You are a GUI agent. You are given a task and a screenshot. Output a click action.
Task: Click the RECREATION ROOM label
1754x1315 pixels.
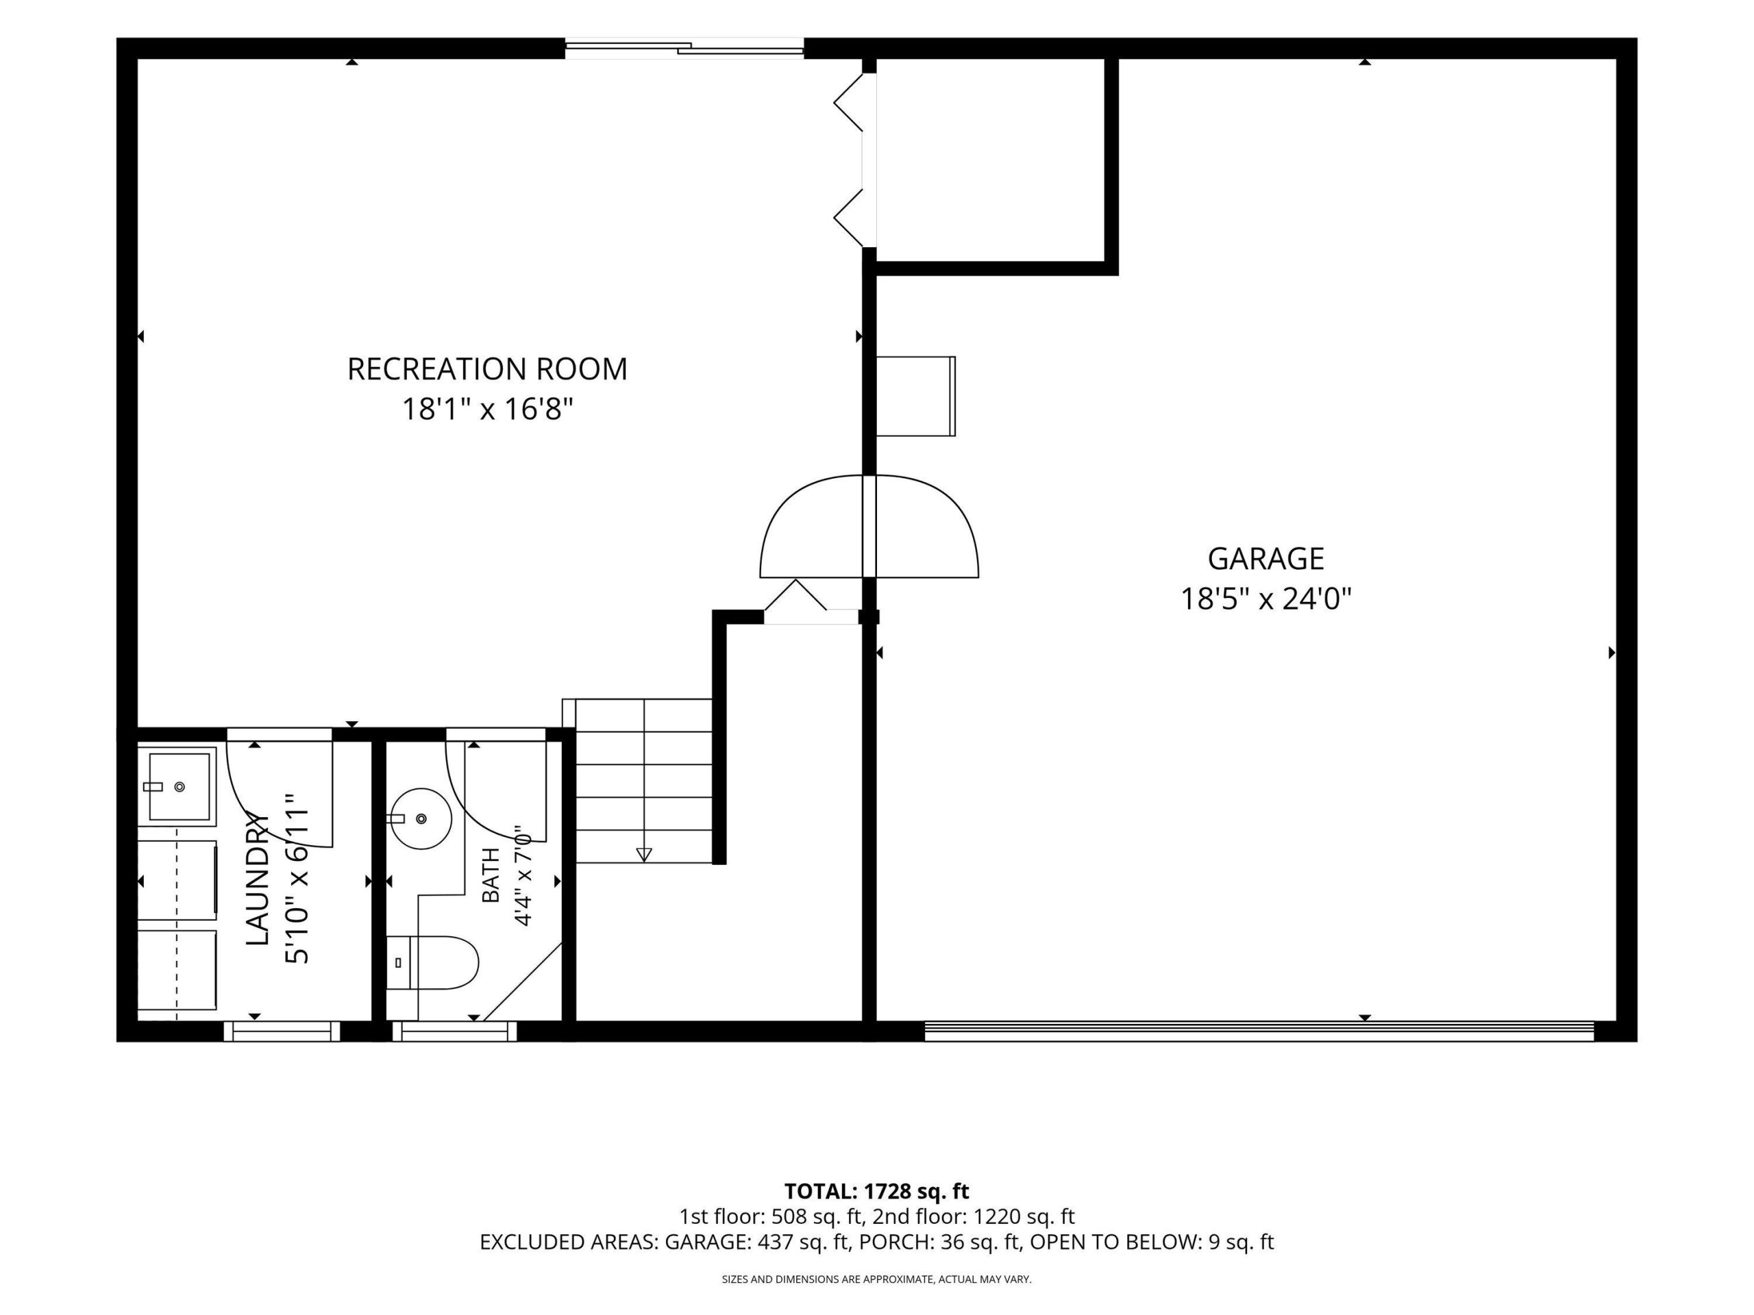pos(487,369)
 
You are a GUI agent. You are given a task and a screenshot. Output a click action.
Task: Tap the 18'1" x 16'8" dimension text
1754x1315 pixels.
pos(487,410)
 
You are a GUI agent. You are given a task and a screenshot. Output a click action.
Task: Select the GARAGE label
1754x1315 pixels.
pos(1265,559)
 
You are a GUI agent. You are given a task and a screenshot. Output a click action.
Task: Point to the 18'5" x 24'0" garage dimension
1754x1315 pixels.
pos(1265,599)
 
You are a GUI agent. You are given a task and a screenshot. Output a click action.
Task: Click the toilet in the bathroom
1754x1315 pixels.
pos(433,963)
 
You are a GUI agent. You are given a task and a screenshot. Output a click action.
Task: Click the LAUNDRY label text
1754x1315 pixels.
pos(257,878)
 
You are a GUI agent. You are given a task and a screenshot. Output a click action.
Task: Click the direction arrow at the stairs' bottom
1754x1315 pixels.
pos(644,855)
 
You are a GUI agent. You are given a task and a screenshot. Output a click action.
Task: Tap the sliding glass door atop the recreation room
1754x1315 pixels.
pos(684,49)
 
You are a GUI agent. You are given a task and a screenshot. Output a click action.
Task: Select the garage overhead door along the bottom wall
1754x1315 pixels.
pos(1259,1031)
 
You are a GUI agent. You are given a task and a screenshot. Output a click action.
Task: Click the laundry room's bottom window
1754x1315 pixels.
pos(282,1031)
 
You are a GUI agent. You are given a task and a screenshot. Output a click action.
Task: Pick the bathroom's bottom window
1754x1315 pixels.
pos(454,1031)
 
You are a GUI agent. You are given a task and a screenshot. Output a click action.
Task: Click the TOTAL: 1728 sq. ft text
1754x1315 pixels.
pos(876,1191)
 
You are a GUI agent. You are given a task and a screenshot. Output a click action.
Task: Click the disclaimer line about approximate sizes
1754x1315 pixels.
pos(876,1279)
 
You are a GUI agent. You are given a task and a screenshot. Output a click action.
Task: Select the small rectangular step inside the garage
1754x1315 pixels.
pos(916,397)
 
